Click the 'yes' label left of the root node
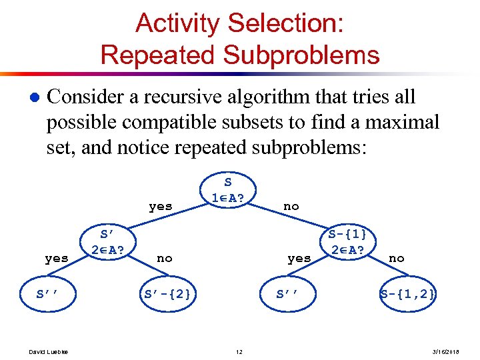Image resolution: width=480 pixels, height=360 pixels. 161,207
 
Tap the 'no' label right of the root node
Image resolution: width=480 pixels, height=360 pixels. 291,207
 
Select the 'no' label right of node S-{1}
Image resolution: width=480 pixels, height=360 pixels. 396,258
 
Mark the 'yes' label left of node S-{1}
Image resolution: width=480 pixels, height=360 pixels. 299,258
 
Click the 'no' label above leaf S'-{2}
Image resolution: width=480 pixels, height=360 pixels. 164,258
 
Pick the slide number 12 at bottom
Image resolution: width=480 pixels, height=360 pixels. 239,352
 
